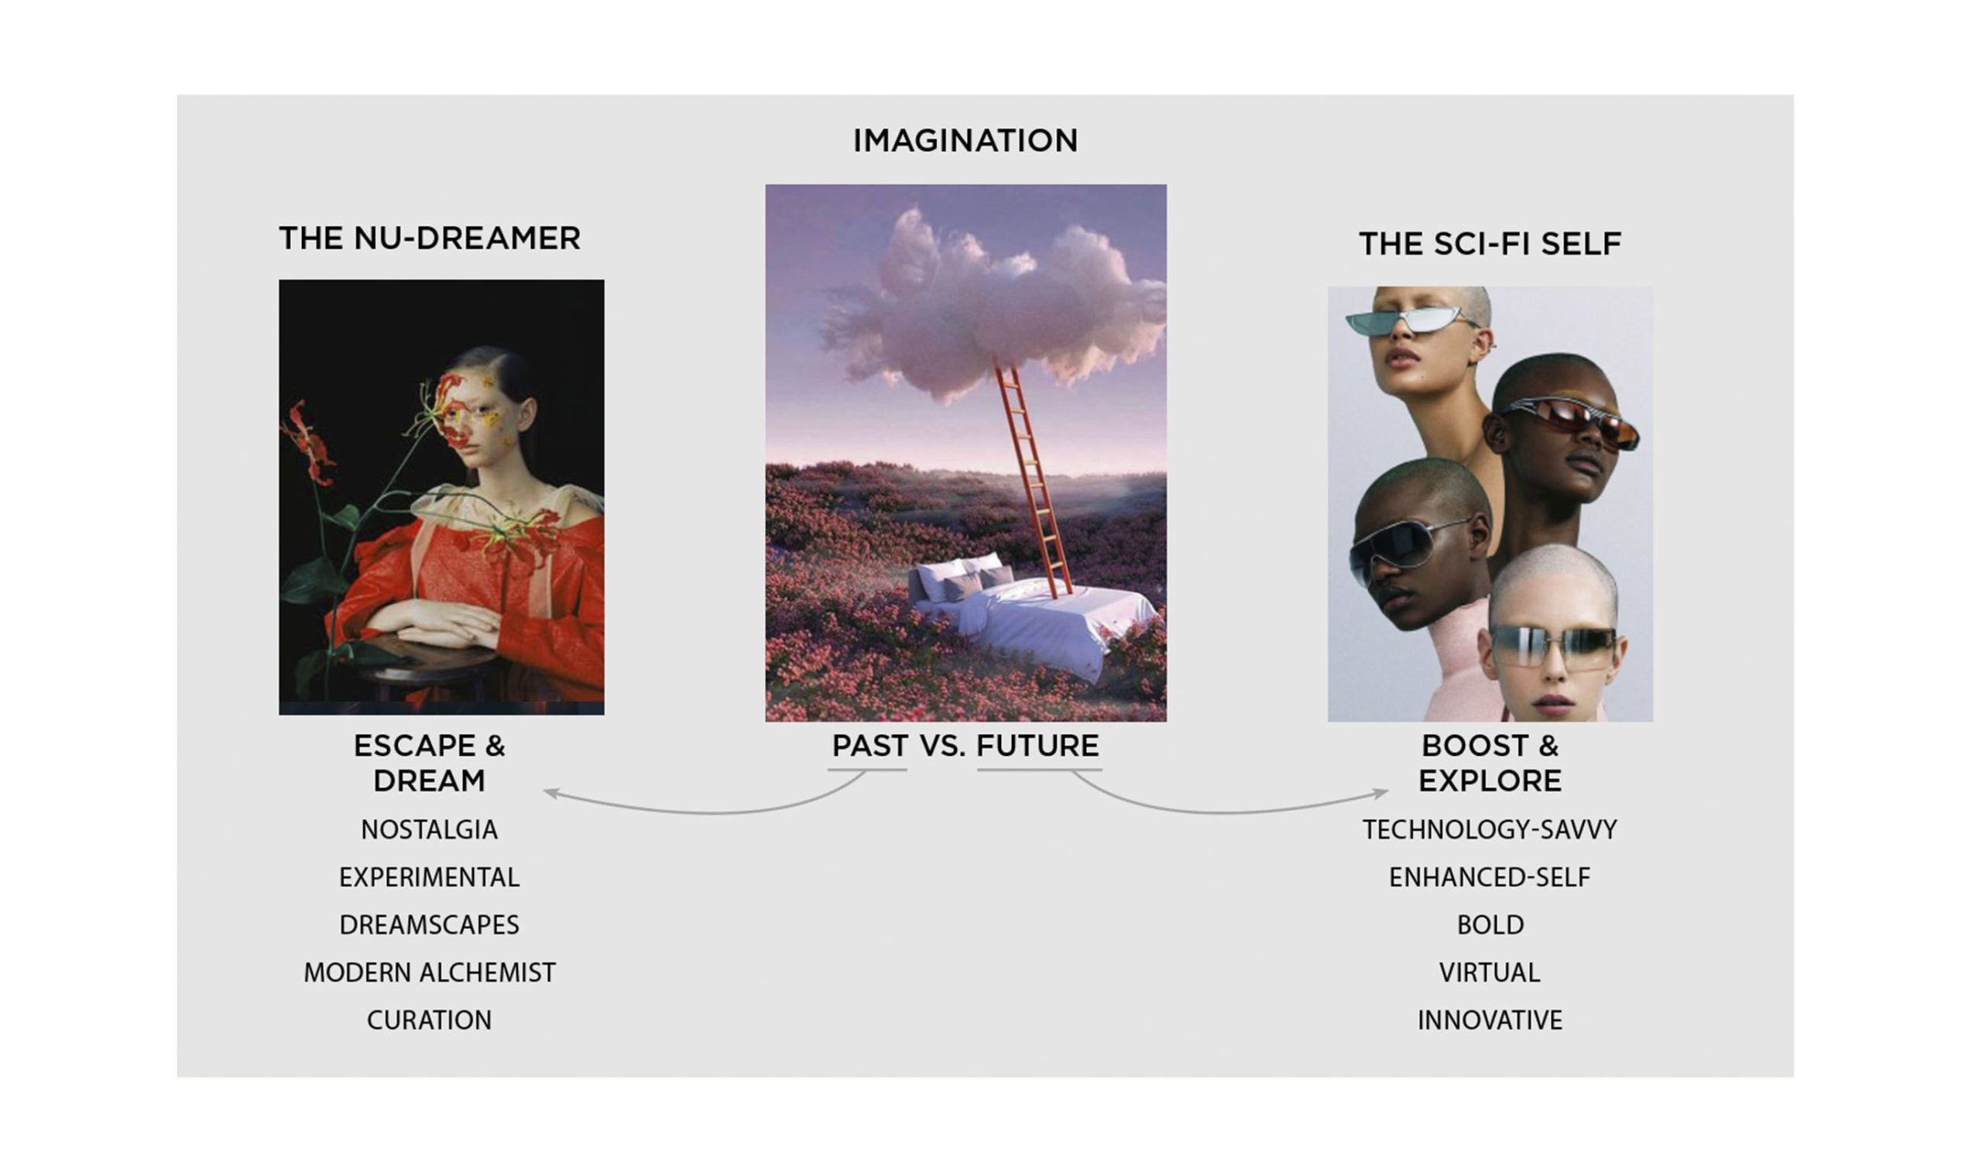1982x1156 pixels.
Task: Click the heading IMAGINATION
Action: (x=965, y=141)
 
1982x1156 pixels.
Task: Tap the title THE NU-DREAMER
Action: (x=430, y=238)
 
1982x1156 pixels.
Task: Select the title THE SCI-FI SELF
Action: (x=1490, y=244)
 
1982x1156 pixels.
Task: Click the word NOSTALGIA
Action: (x=430, y=830)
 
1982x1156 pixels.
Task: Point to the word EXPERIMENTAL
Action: (x=430, y=876)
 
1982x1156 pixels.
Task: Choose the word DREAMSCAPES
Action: (x=430, y=924)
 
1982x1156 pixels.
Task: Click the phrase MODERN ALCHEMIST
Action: (x=430, y=972)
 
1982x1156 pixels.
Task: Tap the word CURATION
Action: (x=430, y=1020)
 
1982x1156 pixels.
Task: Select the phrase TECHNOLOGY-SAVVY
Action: (x=1490, y=830)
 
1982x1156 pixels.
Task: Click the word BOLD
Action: (x=1490, y=924)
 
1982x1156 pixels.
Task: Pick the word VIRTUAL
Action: (x=1490, y=972)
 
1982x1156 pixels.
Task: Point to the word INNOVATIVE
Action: (x=1490, y=1020)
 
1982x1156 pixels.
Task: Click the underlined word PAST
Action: (x=870, y=746)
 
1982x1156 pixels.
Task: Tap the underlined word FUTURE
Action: (x=1038, y=746)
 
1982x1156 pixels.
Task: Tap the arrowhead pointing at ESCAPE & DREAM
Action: (x=550, y=793)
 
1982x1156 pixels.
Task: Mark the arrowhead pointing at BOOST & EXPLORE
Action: (x=1381, y=793)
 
